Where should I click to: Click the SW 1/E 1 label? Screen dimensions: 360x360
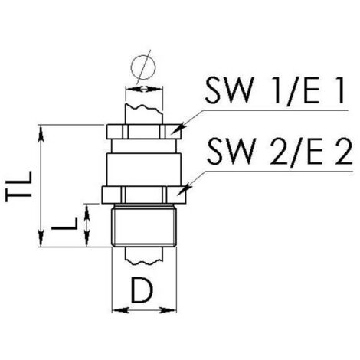[x=274, y=90]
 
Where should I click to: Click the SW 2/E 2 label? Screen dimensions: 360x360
[x=280, y=152]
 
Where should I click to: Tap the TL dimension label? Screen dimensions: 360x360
[x=19, y=187]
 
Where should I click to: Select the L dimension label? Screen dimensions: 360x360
[x=64, y=224]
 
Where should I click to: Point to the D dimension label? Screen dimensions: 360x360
[x=142, y=291]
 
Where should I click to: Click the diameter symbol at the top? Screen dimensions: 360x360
[x=143, y=67]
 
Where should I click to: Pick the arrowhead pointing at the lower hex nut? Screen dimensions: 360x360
[x=183, y=189]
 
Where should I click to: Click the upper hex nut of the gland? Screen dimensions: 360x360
[x=143, y=132]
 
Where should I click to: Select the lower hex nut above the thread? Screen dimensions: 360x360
[x=144, y=195]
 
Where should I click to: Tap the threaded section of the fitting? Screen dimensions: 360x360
[x=144, y=226]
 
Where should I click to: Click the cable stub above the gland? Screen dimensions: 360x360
[x=144, y=114]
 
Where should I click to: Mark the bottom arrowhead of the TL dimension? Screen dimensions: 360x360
[x=41, y=239]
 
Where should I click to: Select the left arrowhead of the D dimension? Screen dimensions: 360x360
[x=120, y=310]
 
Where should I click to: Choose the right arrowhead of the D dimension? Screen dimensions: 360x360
[x=169, y=310]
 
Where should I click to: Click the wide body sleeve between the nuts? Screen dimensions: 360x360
[x=144, y=169]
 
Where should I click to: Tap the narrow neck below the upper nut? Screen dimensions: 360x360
[x=144, y=146]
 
